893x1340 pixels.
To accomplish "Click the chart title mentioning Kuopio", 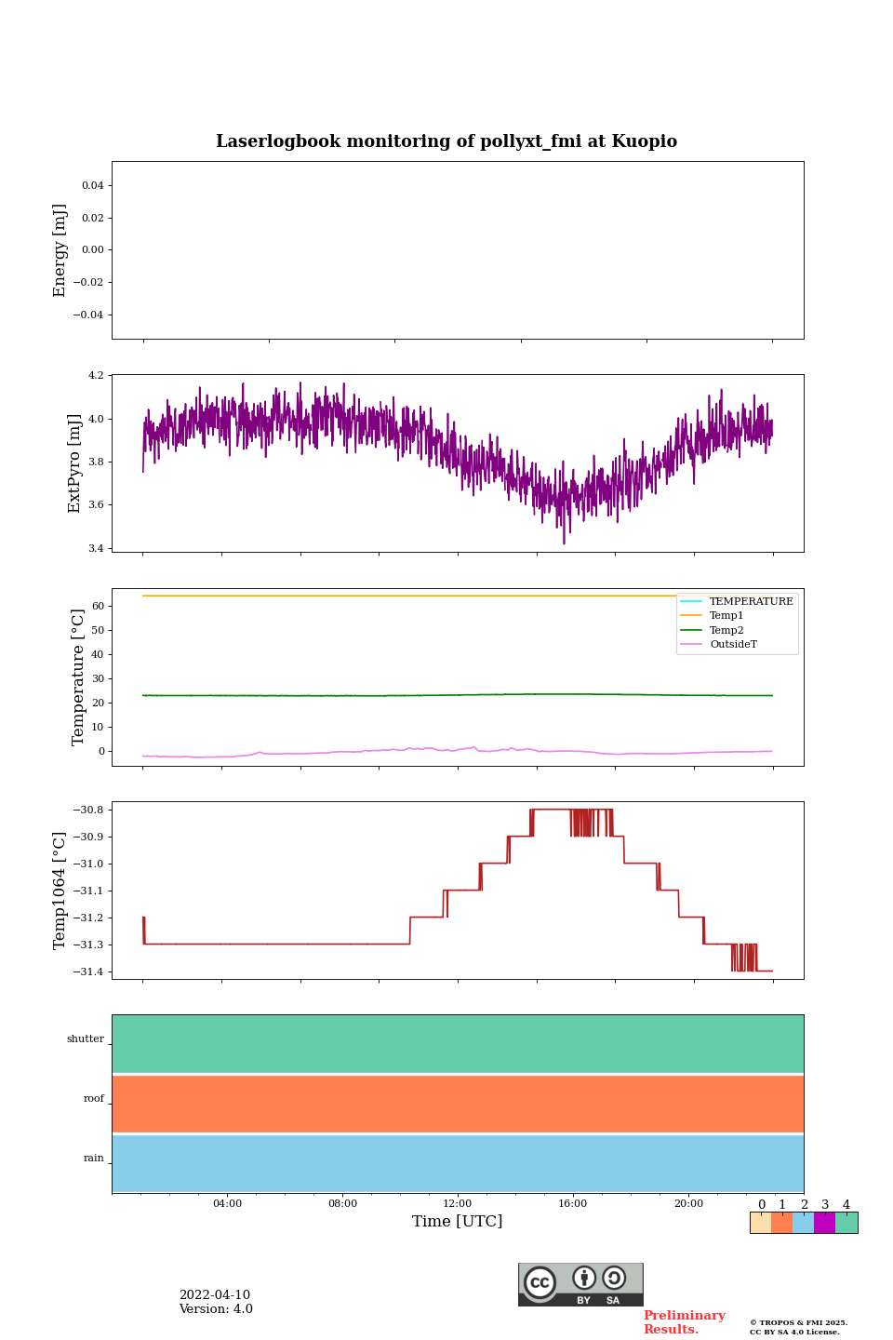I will click(x=446, y=141).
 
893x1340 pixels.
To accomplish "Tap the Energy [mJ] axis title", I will click(x=60, y=250).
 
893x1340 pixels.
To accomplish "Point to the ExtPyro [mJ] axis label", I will click(x=75, y=463).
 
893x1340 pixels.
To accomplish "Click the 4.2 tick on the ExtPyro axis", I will click(x=96, y=376).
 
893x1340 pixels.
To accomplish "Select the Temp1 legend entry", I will click(x=726, y=616).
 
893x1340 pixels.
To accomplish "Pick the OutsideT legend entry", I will click(x=732, y=645).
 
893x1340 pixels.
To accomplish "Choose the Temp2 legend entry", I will click(x=726, y=631).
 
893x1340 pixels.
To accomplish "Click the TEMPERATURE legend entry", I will click(x=751, y=602).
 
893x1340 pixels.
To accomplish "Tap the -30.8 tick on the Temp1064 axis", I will click(x=88, y=810).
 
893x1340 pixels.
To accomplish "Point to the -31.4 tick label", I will click(x=88, y=971).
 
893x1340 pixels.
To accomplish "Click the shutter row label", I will click(x=86, y=1039).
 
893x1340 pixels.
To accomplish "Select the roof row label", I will click(x=94, y=1099).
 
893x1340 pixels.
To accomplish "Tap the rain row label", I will click(x=94, y=1159).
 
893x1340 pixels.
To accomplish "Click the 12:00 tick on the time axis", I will click(x=458, y=1204).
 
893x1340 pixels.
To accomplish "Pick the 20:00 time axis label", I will click(x=688, y=1204).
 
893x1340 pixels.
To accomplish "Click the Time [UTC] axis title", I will click(x=458, y=1222).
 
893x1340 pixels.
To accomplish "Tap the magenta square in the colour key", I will click(x=824, y=1223).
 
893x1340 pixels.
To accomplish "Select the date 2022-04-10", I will click(x=215, y=1295).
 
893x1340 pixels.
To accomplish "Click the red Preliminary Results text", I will click(x=684, y=1322).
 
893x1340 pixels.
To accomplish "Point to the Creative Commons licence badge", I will click(x=580, y=1284).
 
